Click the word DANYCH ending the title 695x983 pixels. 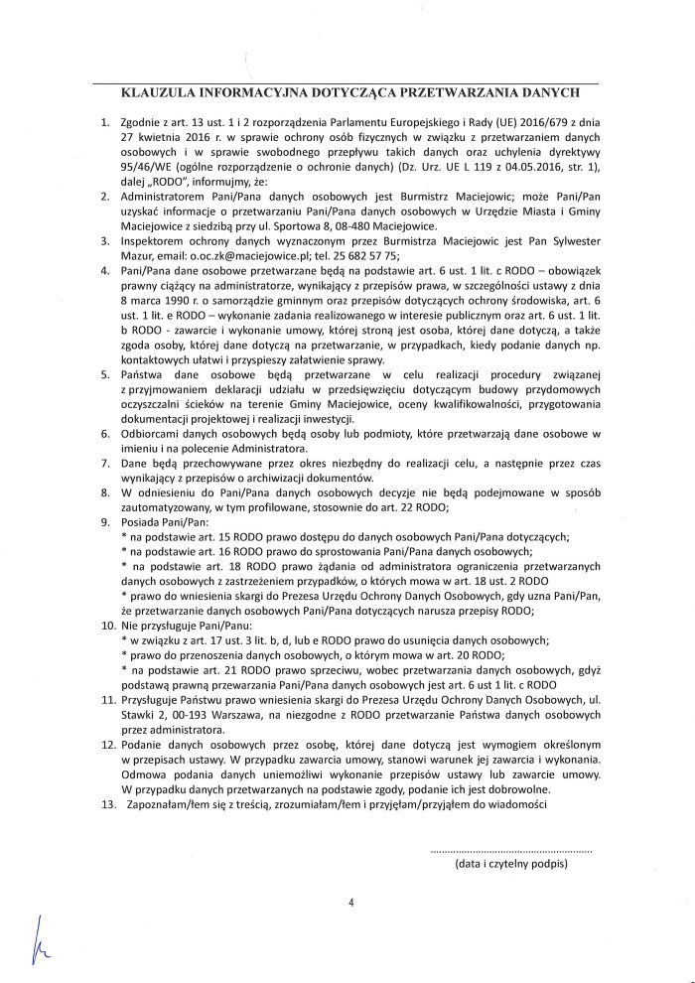click(x=548, y=96)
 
